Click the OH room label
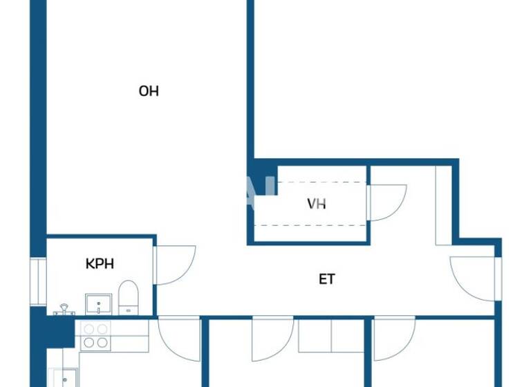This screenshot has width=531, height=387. tap(149, 91)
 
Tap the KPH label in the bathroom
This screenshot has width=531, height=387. tap(100, 263)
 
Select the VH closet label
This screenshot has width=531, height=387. tap(317, 204)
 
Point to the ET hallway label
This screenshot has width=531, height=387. tap(327, 279)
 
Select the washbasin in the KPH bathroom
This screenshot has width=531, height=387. tap(99, 303)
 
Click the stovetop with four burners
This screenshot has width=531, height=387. tap(95, 335)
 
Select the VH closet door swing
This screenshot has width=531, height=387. tap(386, 203)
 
